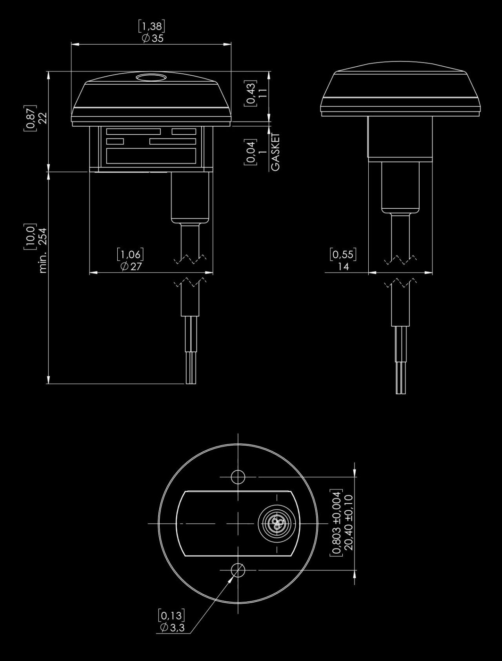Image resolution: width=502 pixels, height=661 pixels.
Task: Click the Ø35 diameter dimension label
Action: click(x=153, y=38)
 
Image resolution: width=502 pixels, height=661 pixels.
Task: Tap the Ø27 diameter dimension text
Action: click(x=131, y=266)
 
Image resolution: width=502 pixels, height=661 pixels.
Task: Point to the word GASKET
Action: click(x=276, y=152)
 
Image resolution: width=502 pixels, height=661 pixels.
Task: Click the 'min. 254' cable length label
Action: click(x=43, y=250)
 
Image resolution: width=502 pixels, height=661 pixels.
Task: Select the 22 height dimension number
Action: click(x=43, y=118)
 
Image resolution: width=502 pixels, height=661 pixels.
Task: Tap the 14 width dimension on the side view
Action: click(x=343, y=267)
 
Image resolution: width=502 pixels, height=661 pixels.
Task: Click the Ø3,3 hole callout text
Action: click(x=172, y=627)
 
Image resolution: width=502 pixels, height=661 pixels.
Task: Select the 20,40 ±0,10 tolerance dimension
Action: click(x=348, y=522)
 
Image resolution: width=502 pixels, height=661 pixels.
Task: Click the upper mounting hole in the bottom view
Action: click(x=238, y=477)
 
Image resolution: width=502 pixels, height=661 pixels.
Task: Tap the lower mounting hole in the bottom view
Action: click(x=238, y=570)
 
